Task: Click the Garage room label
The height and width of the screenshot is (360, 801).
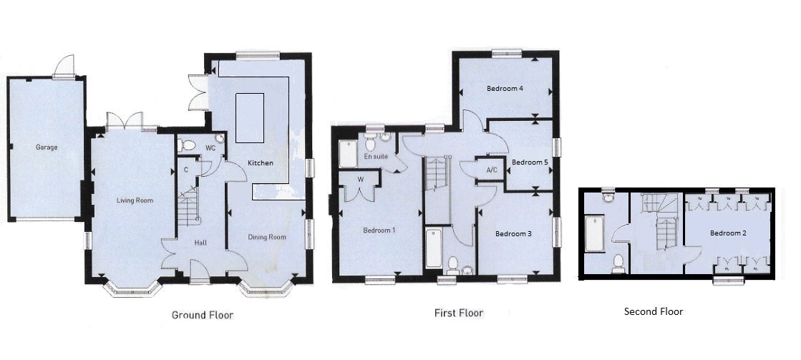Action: [47, 147]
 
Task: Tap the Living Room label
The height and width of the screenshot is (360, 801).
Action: [135, 200]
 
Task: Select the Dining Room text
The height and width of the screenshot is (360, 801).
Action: [267, 237]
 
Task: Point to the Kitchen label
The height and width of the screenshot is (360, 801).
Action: [260, 163]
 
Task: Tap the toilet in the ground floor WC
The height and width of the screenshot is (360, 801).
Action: [189, 145]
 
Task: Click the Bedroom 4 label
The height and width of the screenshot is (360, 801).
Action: [505, 89]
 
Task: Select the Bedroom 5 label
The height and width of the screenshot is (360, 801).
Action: [530, 162]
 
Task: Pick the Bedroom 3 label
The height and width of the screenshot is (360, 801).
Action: [514, 233]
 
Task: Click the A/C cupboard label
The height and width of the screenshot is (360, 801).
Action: [492, 170]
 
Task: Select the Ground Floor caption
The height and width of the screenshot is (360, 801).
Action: [203, 315]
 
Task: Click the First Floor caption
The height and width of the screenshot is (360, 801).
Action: [459, 313]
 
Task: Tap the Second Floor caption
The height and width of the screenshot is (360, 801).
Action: [653, 311]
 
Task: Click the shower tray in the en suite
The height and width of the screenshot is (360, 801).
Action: [348, 153]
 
